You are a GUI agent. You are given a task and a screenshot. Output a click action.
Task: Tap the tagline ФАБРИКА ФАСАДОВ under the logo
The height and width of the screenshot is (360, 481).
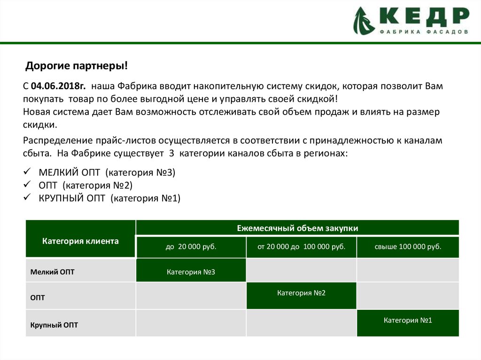tap(423, 33)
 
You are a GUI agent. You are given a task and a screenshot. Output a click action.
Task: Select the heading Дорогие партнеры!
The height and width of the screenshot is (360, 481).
tap(77, 66)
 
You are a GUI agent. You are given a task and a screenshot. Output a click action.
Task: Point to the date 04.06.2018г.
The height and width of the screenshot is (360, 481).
tap(59, 87)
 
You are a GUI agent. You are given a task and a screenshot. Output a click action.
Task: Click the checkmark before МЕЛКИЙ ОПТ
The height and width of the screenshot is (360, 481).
tap(28, 172)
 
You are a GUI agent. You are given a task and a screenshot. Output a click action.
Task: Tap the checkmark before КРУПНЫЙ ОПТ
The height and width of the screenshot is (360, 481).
tap(28, 197)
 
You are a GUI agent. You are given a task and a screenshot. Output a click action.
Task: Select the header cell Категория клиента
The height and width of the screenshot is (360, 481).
tap(80, 241)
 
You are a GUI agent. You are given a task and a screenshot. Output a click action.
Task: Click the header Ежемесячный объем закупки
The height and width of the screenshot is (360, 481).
tap(297, 228)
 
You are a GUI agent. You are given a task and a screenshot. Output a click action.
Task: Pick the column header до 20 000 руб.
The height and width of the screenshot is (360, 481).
tap(191, 247)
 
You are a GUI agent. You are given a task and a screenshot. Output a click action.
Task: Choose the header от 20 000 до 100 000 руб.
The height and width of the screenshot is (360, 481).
tap(301, 247)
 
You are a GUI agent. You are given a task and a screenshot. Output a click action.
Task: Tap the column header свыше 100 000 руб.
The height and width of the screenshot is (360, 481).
tap(408, 247)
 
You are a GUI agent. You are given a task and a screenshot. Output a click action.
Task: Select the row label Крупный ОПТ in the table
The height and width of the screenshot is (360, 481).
tap(54, 325)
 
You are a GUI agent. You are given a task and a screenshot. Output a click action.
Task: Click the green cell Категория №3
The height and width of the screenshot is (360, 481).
tap(191, 272)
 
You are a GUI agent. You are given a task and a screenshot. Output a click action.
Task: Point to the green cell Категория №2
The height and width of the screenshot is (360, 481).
tap(301, 293)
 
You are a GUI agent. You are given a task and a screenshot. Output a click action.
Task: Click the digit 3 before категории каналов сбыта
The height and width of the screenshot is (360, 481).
tap(171, 153)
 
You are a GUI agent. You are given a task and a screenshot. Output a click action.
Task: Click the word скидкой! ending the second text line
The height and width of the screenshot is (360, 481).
tap(317, 99)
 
